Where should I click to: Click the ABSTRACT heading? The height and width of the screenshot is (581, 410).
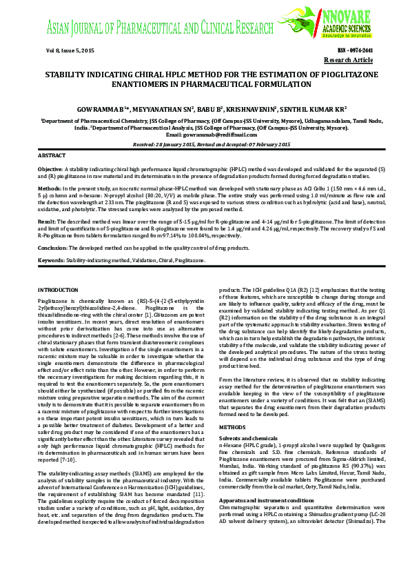(51, 157)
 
